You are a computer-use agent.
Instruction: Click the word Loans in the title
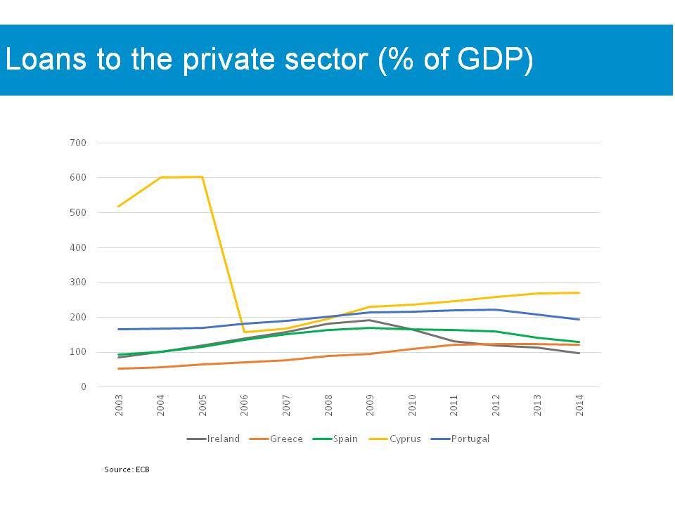46,58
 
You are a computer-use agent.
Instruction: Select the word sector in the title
326,59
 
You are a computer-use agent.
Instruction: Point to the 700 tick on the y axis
78,143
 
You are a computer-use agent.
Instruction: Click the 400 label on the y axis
78,248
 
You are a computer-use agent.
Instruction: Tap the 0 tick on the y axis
84,387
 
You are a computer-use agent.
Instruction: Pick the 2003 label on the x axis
119,406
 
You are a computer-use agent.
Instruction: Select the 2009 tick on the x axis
370,406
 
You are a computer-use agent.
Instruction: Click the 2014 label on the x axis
579,406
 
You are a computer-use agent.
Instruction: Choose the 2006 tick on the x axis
244,406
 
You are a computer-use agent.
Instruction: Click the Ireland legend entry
213,439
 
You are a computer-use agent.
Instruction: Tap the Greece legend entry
276,439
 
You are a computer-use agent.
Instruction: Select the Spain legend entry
335,439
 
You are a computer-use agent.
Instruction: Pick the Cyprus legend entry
394,439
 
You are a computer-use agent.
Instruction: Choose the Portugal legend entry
460,439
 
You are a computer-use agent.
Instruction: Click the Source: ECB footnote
127,469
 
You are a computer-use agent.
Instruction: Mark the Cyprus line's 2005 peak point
202,177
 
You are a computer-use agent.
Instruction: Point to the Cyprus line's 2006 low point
244,332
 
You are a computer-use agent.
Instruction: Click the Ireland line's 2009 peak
370,320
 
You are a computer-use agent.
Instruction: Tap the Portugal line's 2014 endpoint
579,320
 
